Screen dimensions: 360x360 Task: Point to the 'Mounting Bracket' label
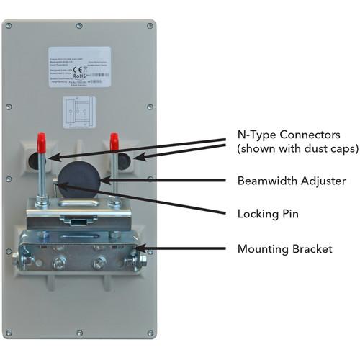point(285,249)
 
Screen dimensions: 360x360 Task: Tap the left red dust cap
point(42,139)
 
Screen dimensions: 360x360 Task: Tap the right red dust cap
point(114,141)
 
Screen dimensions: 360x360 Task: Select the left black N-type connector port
point(32,159)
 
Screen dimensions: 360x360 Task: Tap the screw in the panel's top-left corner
point(9,26)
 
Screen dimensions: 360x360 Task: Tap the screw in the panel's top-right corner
point(150,26)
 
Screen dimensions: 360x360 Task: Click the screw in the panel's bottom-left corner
point(9,333)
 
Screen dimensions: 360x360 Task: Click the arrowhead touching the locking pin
point(58,186)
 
